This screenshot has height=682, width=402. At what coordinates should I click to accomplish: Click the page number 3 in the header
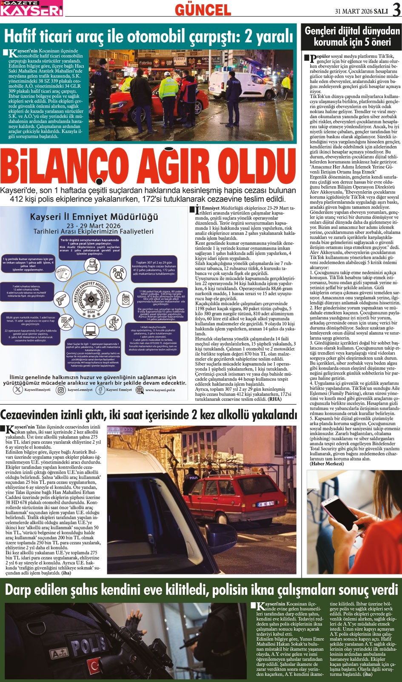pos(396,10)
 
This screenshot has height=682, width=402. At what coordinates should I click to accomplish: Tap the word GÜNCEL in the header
pos(203,10)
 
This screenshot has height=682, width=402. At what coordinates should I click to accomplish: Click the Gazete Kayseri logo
pos(31,8)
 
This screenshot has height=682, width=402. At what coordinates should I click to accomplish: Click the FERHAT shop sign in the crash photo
pos(180,59)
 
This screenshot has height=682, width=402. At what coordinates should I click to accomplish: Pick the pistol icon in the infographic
pos(61,299)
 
